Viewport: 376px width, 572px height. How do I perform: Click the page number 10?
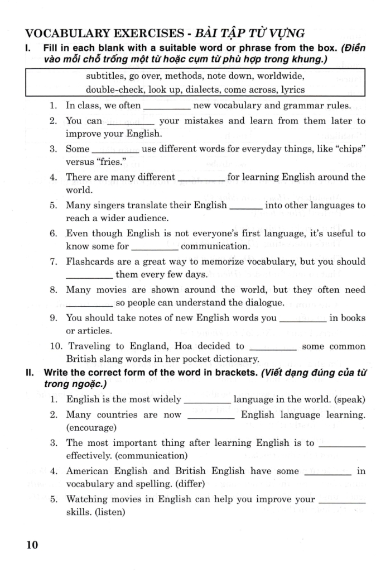(x=32, y=545)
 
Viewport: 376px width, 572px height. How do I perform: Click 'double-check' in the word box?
(x=112, y=89)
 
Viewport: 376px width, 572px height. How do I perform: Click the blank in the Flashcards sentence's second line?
(x=89, y=275)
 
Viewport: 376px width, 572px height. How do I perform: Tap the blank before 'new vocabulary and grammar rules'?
(x=167, y=106)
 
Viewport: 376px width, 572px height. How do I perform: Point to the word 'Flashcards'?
(x=89, y=261)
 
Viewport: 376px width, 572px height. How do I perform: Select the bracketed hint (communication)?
(x=150, y=456)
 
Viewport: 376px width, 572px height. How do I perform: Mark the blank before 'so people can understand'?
(x=89, y=304)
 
